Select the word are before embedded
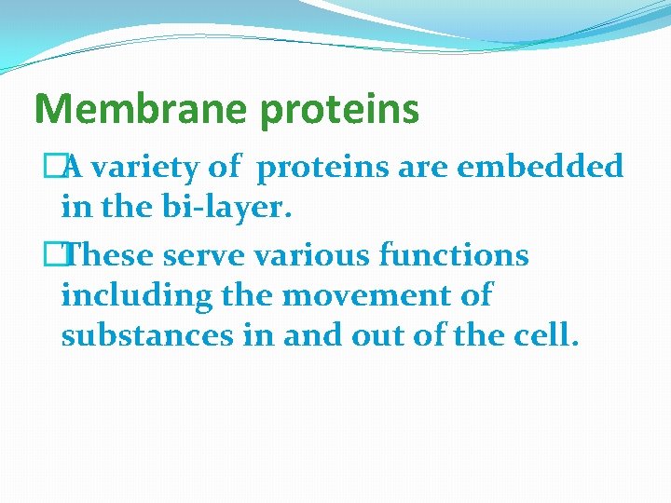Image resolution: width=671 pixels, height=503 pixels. click(422, 168)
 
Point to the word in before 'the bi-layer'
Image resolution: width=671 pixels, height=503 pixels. click(74, 209)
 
